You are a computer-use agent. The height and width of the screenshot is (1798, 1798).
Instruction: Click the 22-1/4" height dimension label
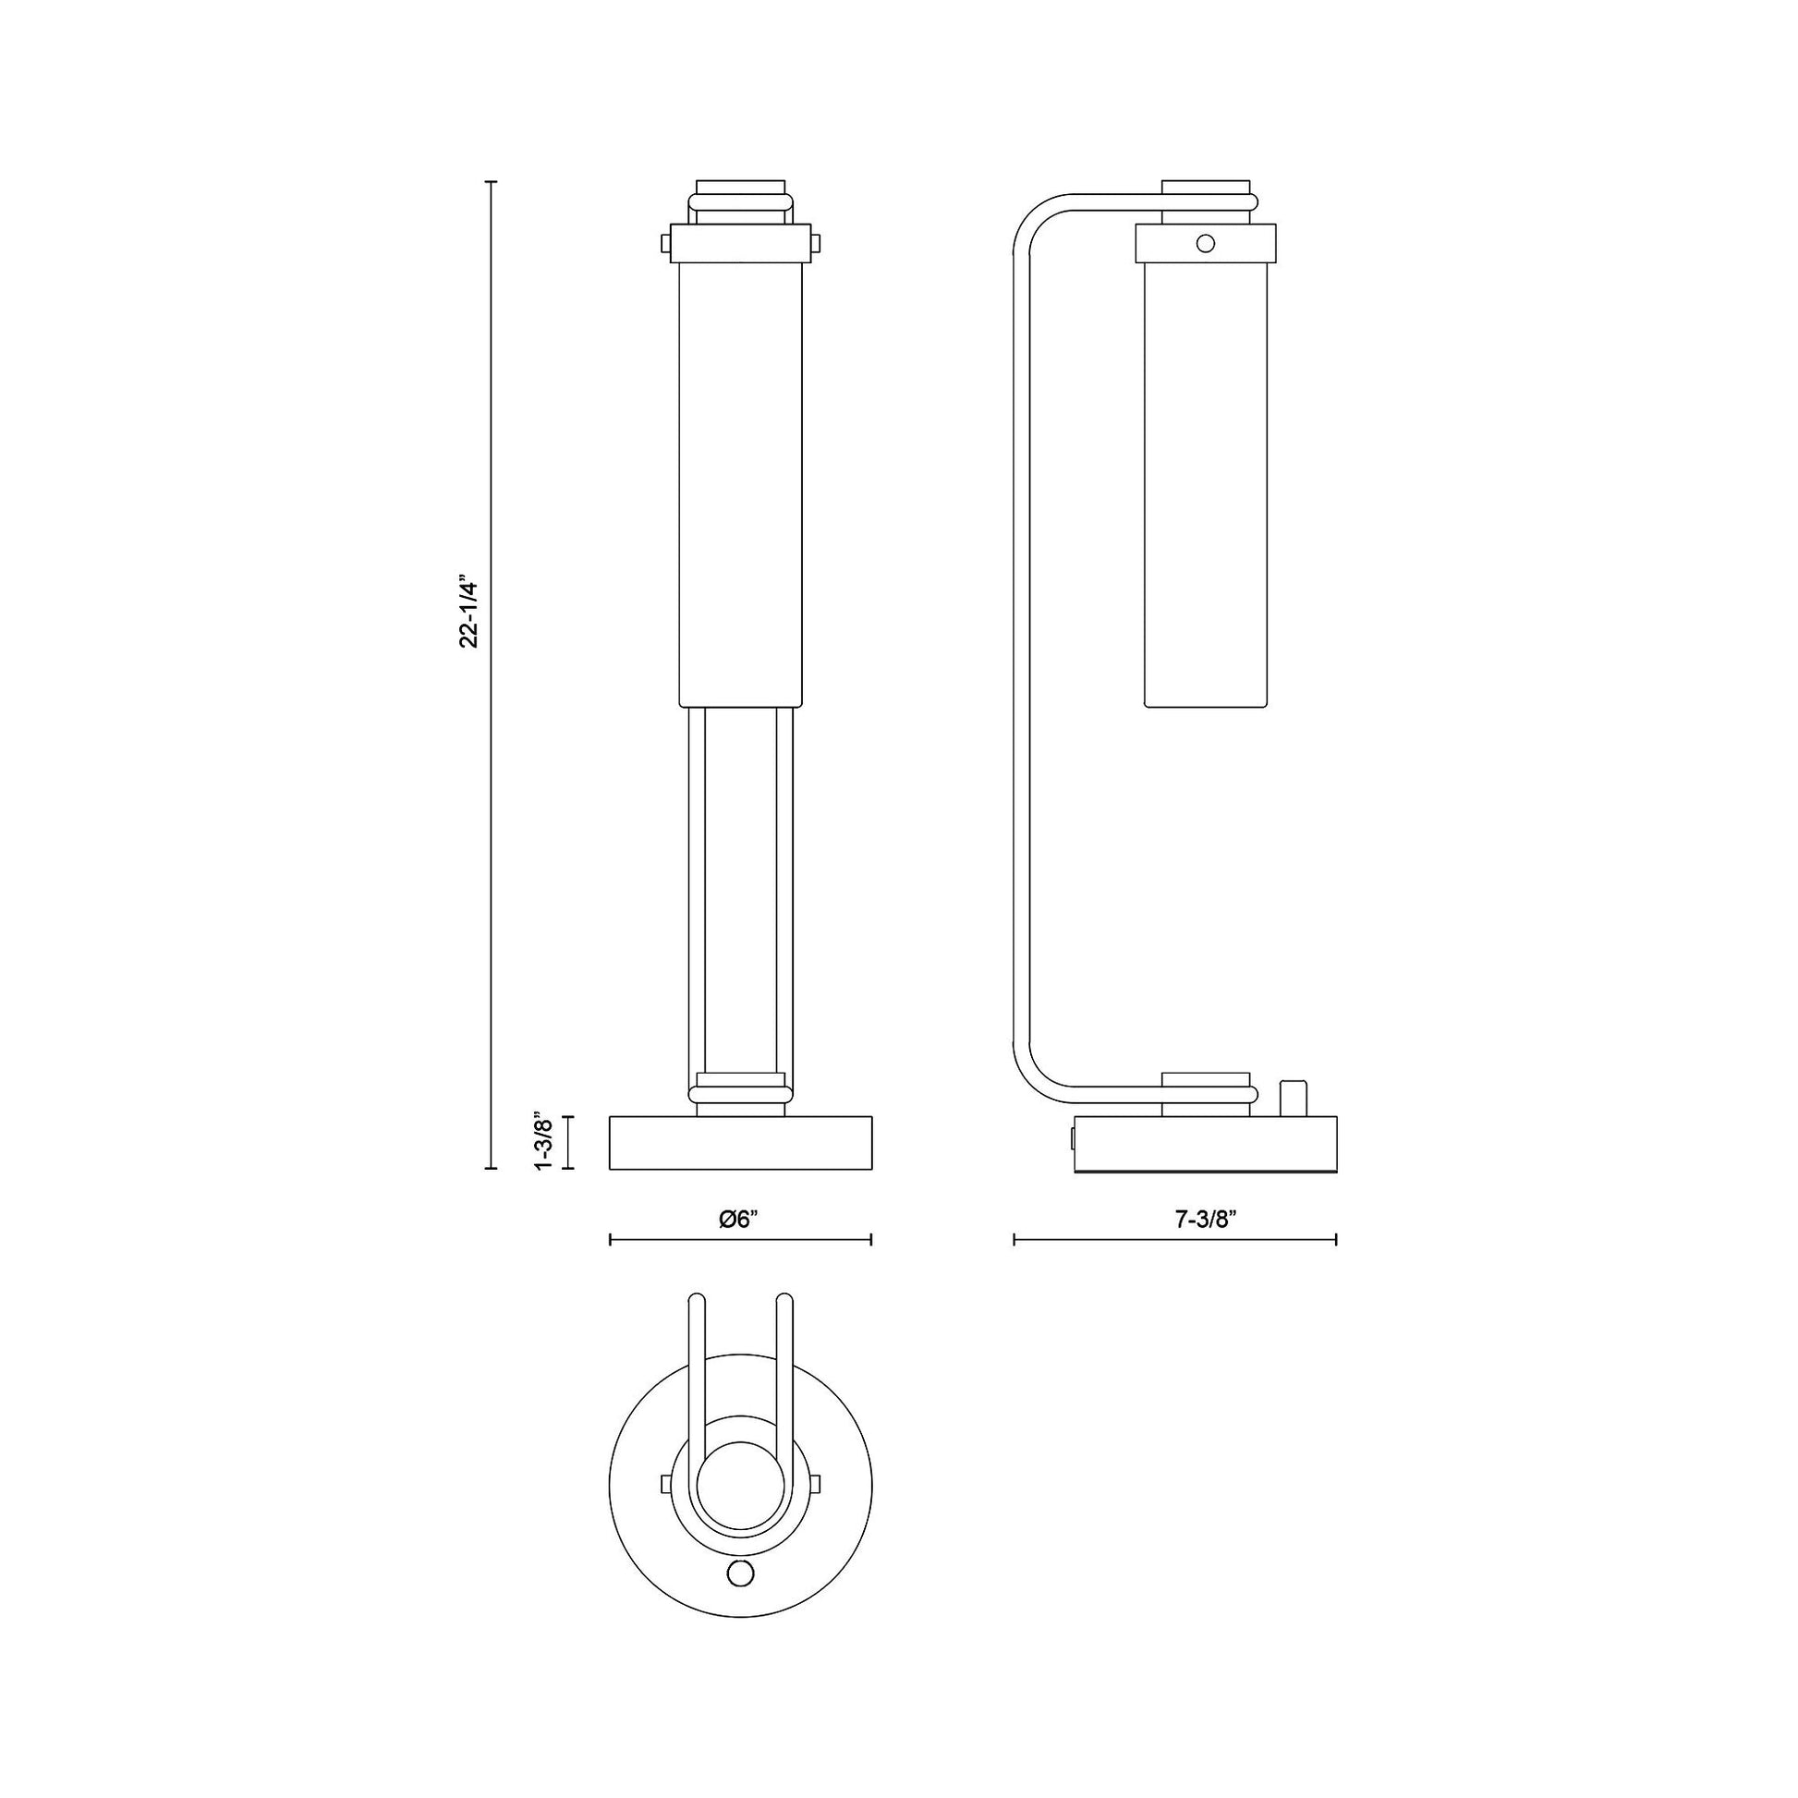click(x=468, y=615)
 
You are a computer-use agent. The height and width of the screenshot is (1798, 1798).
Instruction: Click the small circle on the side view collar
click(x=1205, y=244)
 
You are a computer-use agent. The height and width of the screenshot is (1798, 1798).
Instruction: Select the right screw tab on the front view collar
click(x=816, y=244)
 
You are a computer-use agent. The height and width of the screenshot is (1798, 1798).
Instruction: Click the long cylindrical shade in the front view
click(x=740, y=484)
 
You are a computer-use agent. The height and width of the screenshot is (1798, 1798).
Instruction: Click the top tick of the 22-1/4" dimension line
click(x=492, y=182)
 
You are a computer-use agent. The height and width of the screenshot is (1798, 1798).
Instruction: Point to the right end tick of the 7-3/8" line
click(x=1336, y=1239)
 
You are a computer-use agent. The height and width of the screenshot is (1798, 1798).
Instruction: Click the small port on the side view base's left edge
click(x=1073, y=1137)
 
